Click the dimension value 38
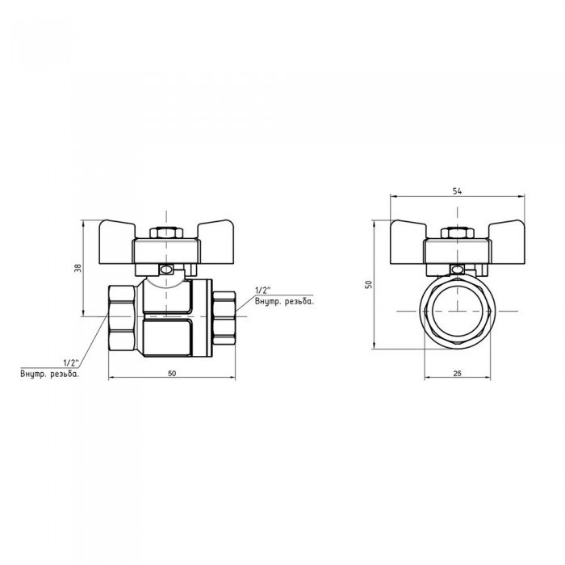pyautogui.click(x=78, y=268)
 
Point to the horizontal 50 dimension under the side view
pyautogui.click(x=171, y=373)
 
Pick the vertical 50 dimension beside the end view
pyautogui.click(x=368, y=284)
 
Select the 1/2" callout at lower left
pyautogui.click(x=71, y=362)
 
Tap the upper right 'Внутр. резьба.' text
pyautogui.click(x=283, y=301)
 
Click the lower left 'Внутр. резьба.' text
pyautogui.click(x=50, y=373)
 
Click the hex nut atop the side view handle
pyautogui.click(x=166, y=234)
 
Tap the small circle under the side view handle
pyautogui.click(x=166, y=270)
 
